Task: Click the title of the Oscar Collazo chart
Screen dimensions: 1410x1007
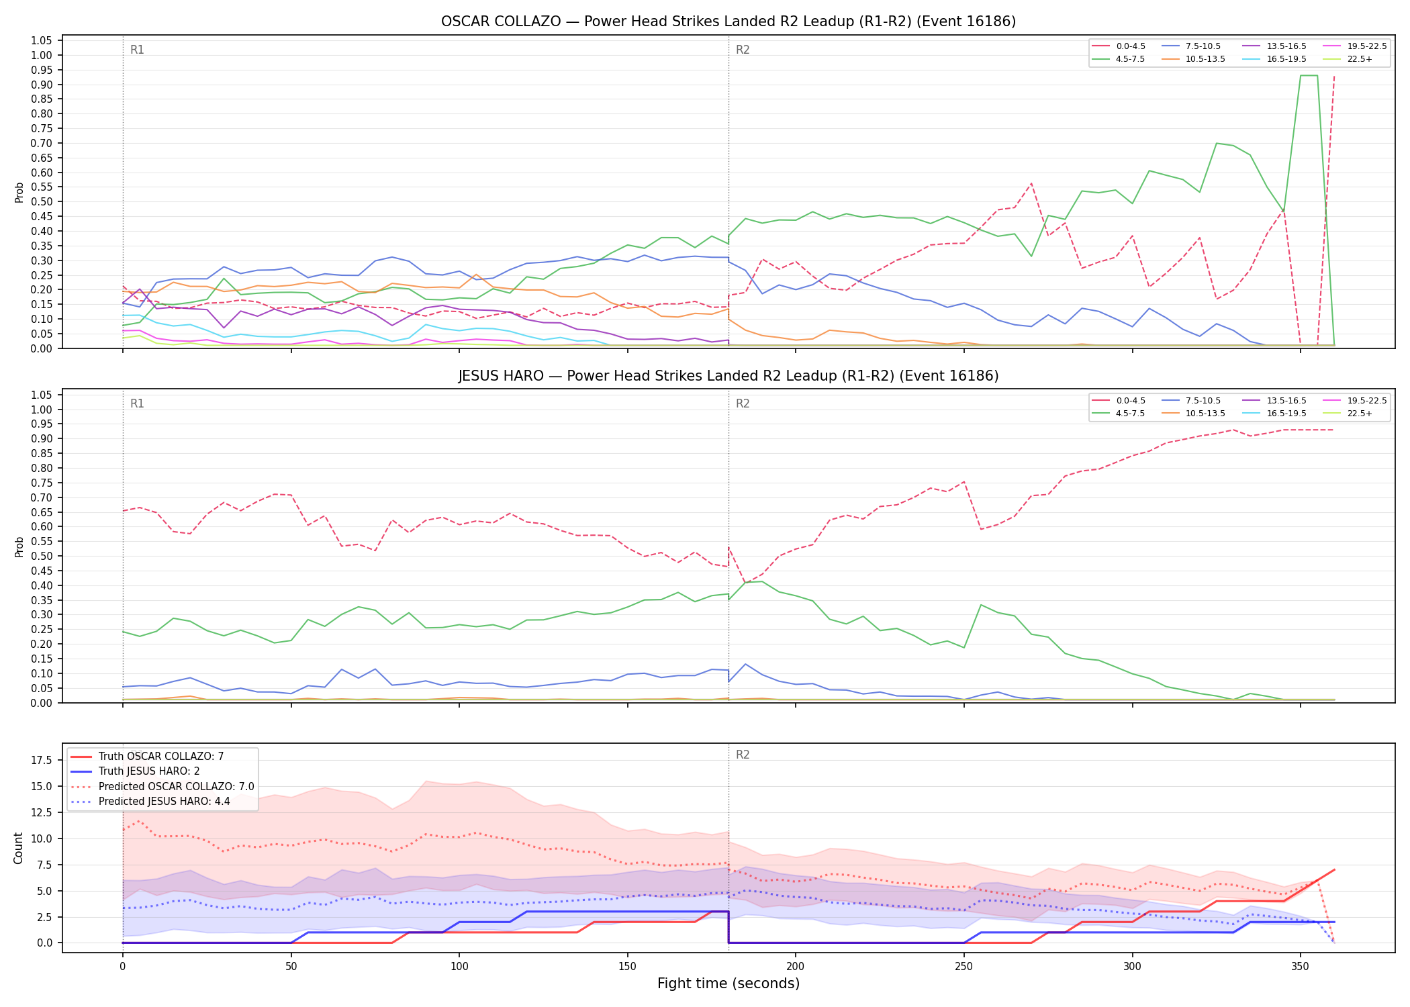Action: point(728,21)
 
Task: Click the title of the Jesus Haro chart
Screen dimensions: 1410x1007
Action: point(728,376)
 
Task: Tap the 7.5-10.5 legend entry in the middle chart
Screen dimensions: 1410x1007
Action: point(1191,401)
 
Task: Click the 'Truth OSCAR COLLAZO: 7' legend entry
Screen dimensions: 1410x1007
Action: point(147,757)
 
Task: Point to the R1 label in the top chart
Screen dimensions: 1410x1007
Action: point(137,50)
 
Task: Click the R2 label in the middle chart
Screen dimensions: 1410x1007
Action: point(743,403)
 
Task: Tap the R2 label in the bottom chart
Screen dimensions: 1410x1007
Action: point(743,755)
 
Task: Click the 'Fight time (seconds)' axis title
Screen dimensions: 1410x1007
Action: point(728,984)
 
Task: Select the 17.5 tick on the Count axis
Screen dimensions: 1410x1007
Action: point(42,760)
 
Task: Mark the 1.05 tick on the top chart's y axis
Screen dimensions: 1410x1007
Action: point(42,41)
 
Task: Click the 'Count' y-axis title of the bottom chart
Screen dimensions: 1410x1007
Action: point(18,848)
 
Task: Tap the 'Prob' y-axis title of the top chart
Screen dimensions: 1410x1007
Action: point(19,192)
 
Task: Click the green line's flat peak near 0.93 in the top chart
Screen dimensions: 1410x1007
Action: point(1309,75)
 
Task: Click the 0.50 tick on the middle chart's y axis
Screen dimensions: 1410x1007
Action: point(42,556)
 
